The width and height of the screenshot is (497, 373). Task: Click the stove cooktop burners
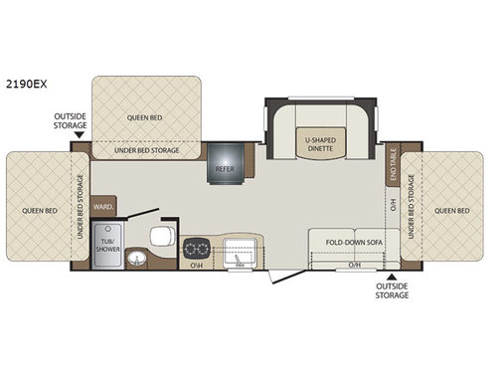coord(196,246)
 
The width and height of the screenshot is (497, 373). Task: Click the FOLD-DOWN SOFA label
coord(345,240)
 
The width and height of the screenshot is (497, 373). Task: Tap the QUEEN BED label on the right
coord(451,210)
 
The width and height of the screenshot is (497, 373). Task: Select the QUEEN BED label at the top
coord(145,116)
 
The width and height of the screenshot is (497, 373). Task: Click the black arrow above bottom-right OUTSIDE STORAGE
coord(392,276)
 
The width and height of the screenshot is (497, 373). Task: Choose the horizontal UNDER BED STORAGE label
coord(146,151)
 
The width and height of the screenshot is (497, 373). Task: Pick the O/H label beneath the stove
coord(196,266)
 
